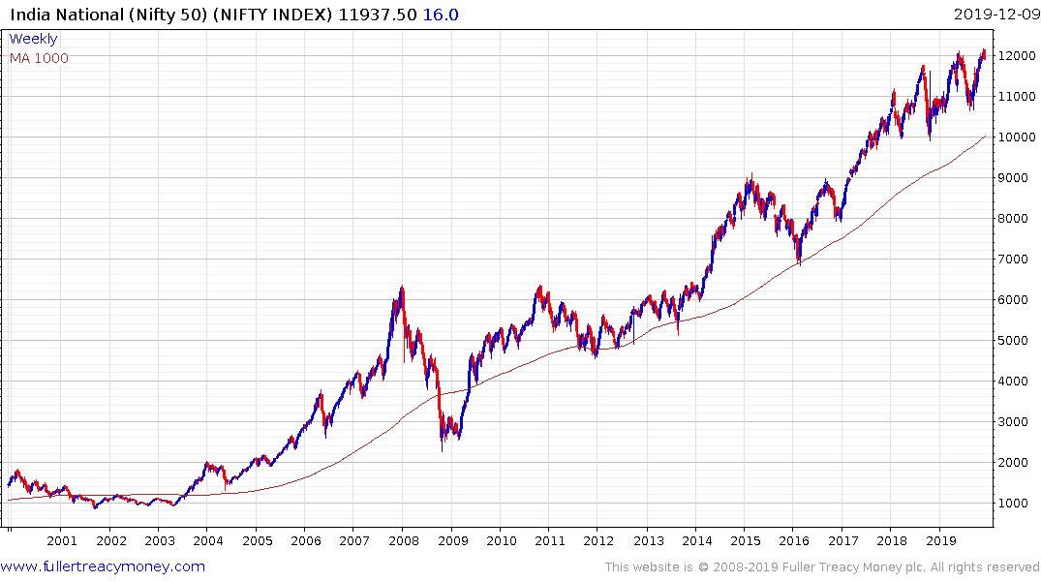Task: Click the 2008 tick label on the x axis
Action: [404, 541]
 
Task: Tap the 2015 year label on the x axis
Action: [745, 541]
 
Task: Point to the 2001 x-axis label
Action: [62, 541]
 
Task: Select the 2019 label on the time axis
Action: [939, 541]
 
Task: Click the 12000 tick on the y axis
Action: [1018, 56]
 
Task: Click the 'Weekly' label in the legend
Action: [33, 39]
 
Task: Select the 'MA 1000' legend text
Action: [39, 58]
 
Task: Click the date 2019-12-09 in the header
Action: [995, 14]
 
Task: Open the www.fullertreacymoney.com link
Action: [103, 566]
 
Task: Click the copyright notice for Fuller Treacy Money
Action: [822, 567]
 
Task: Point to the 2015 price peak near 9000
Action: [750, 175]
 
